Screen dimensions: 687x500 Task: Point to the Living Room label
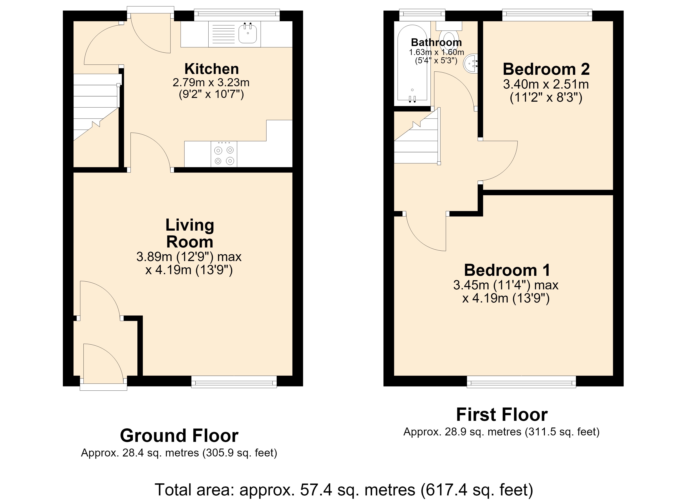[190, 234]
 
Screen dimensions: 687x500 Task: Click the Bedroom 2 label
[546, 69]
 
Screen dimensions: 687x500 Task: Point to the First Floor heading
[502, 415]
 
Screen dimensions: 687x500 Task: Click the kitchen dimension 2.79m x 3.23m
[211, 82]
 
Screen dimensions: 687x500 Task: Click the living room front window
[234, 382]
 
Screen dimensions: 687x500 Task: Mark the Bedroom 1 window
[521, 382]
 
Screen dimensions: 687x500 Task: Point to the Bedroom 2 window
[547, 15]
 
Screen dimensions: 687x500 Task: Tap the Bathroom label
[436, 42]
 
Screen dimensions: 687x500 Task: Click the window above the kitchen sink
[236, 15]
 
